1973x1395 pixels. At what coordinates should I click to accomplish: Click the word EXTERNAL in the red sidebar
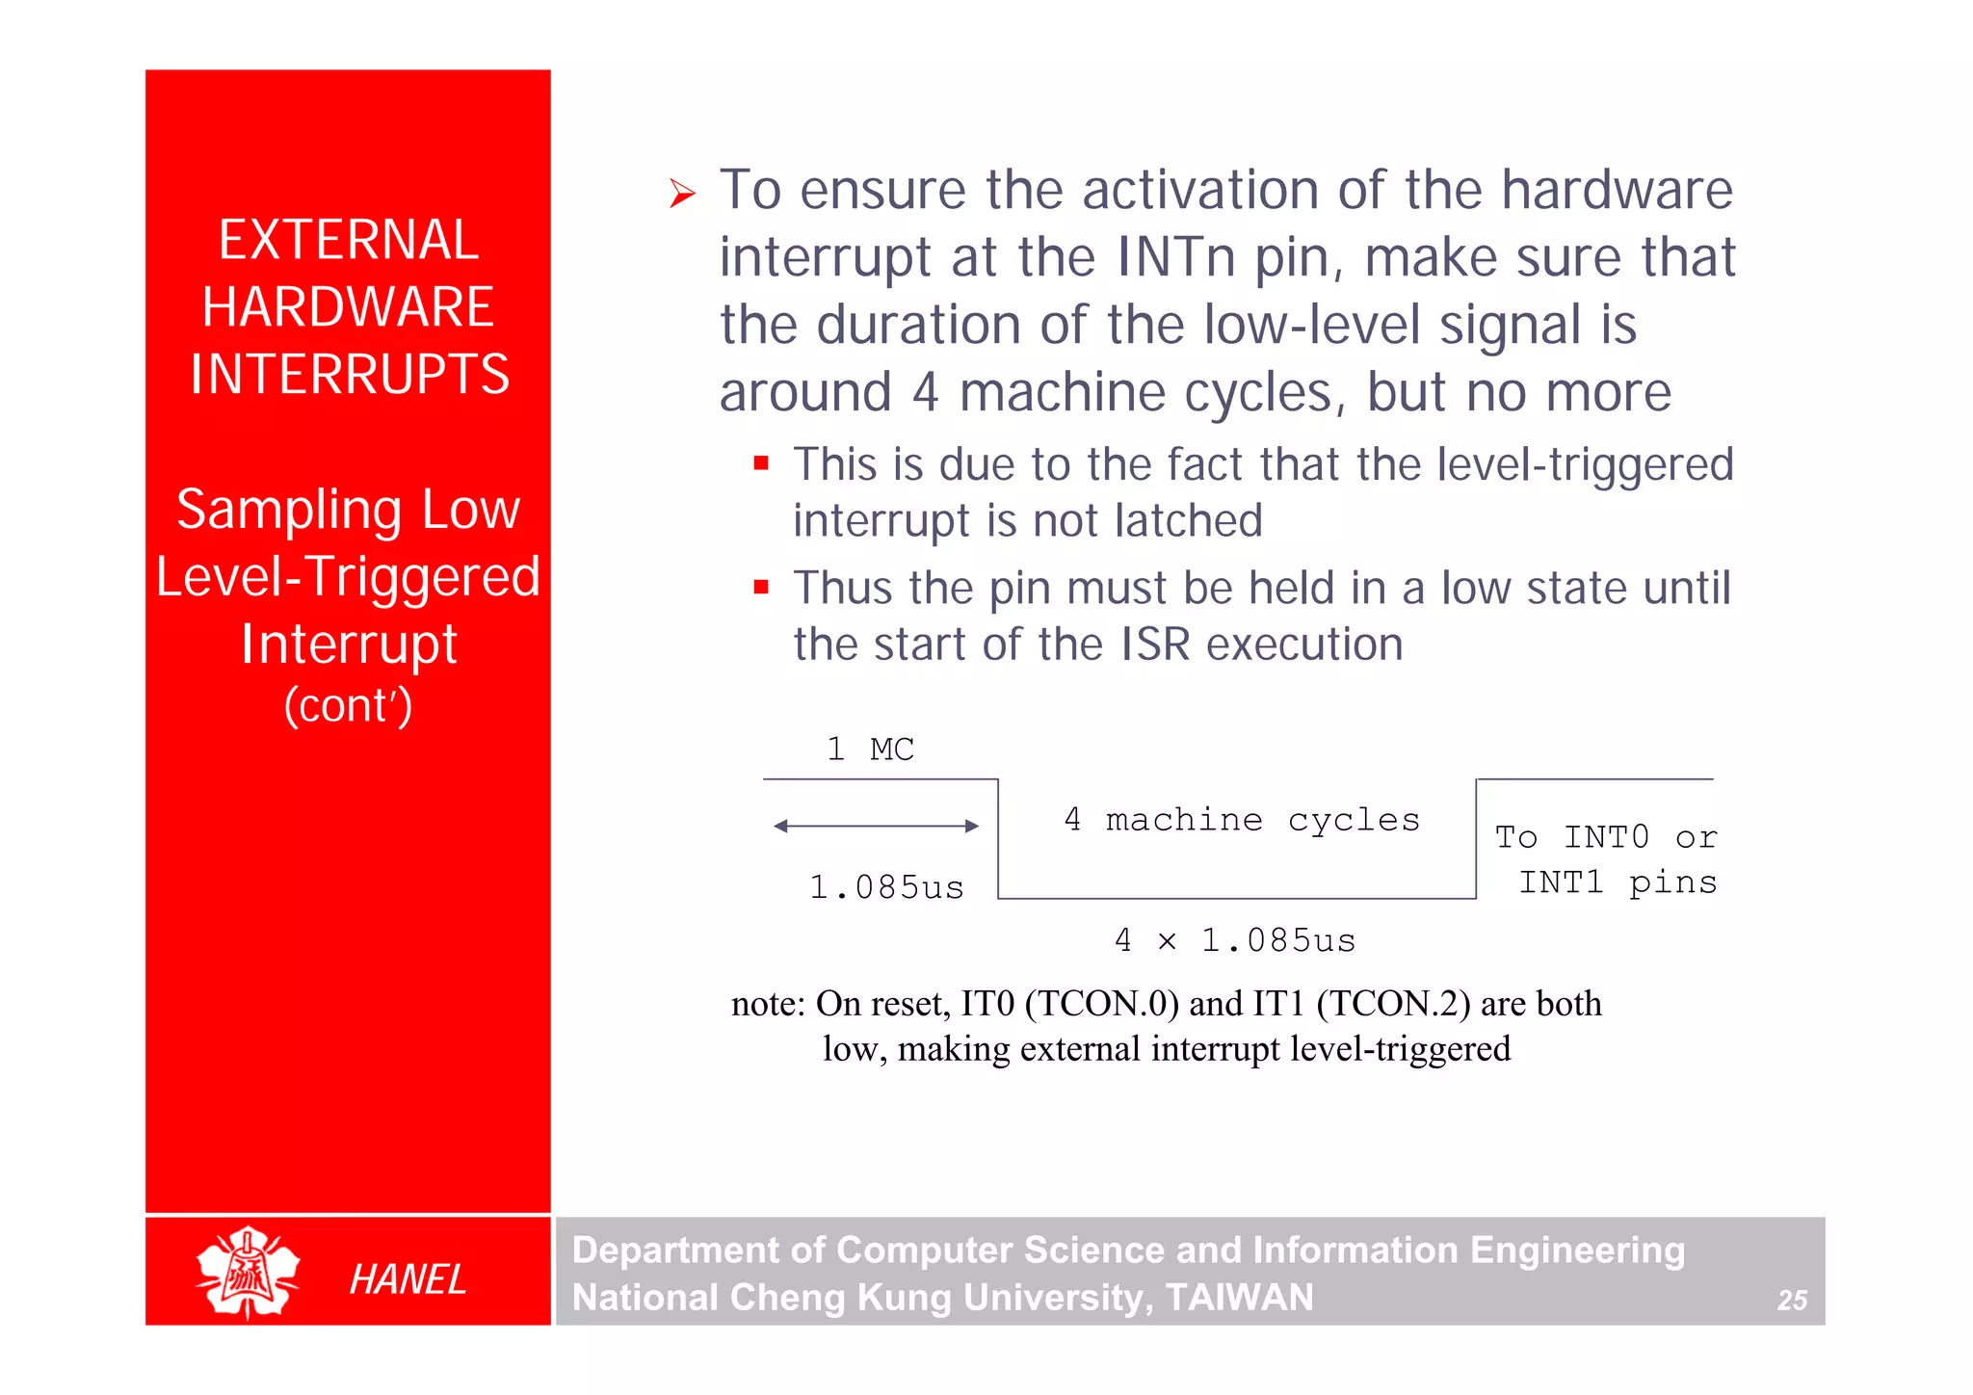coord(348,240)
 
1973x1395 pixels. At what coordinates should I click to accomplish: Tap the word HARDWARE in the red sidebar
coord(348,307)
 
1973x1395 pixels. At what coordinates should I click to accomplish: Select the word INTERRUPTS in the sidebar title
coord(349,374)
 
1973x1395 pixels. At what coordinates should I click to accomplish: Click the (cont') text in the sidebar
coord(348,705)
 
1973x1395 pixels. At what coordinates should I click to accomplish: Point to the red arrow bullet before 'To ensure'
coord(682,194)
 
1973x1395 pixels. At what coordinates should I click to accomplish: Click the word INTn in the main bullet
coord(1175,258)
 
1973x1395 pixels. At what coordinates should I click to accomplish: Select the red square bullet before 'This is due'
coord(761,463)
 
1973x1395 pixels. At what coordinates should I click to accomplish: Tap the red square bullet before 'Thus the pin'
coord(761,587)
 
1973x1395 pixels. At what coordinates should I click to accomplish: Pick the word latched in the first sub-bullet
coord(1188,521)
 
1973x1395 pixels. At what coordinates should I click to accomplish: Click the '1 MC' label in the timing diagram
coord(870,749)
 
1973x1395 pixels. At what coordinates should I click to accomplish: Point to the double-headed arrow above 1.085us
coord(876,826)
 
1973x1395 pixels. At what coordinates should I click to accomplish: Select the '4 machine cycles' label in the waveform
coord(1241,820)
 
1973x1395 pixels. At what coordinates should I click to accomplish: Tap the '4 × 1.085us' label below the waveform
coord(1234,940)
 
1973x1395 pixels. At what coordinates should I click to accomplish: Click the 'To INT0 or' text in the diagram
coord(1605,837)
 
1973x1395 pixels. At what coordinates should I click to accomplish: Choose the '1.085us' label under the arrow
coord(886,887)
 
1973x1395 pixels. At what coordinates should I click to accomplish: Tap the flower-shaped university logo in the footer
coord(248,1273)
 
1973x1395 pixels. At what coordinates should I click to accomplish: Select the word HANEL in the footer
coord(408,1279)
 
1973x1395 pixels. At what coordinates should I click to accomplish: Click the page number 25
coord(1791,1301)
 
